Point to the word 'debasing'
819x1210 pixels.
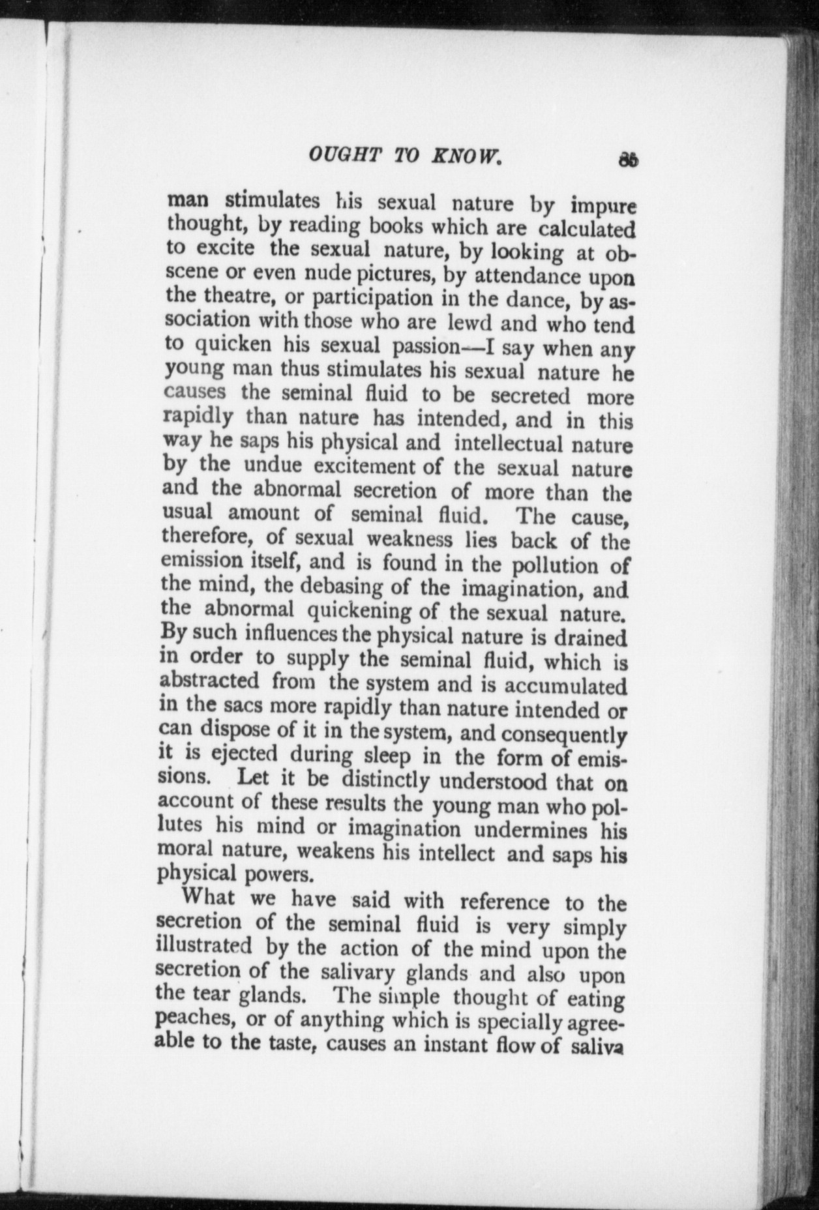tap(340, 586)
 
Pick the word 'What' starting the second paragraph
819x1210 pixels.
tap(208, 898)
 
